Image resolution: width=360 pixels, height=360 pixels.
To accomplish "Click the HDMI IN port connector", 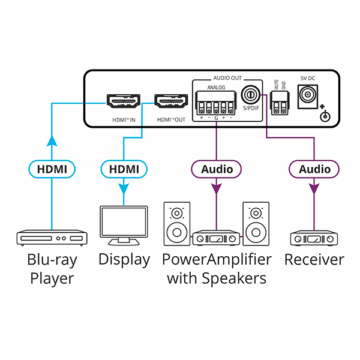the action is tap(124, 101).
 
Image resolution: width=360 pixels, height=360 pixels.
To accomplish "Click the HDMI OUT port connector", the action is tap(171, 101).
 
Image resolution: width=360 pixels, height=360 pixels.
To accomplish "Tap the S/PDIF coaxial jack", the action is tap(251, 95).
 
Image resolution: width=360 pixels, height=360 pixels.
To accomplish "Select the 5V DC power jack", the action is tap(308, 97).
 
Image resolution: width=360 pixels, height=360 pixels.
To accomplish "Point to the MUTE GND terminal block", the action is tap(280, 103).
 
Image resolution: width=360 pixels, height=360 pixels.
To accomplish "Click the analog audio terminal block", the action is tap(216, 103).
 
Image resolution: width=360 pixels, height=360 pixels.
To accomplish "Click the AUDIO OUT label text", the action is tap(227, 78).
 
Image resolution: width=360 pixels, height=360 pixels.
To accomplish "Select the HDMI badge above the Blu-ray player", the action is tap(52, 169).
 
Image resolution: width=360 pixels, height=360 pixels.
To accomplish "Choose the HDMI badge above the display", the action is tap(124, 169).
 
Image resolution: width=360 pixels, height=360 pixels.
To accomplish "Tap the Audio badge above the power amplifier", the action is tap(217, 169).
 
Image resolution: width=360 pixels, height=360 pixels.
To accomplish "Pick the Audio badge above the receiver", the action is tap(314, 169).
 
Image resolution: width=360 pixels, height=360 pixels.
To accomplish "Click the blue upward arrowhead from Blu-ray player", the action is tap(52, 140).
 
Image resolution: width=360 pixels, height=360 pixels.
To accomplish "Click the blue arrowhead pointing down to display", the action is tap(124, 189).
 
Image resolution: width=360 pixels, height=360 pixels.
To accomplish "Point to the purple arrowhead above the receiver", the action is tap(314, 189).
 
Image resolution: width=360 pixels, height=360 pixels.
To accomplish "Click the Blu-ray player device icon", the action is tap(52, 238).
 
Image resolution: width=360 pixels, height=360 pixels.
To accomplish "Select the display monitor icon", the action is tap(124, 226).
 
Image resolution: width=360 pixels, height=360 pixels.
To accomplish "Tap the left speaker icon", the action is tap(177, 224).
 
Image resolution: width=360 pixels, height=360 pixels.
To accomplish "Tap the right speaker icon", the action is tap(256, 224).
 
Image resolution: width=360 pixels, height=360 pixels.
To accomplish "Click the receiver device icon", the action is tap(314, 238).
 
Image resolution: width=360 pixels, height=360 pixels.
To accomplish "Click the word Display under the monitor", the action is tap(124, 260).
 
